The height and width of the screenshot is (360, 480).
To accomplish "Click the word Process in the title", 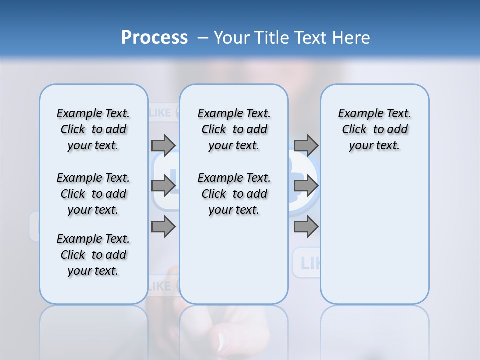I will point(154,37).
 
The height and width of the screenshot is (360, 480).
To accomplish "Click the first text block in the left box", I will point(93,129).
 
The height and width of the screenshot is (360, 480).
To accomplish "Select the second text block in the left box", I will point(93,194).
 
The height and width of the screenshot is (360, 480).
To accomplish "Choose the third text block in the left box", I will point(93,255).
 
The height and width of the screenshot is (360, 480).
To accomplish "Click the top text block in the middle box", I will point(234,129).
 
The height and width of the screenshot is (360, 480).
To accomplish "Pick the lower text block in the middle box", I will point(234,194).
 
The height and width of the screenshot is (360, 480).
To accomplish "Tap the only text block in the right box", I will point(374,129).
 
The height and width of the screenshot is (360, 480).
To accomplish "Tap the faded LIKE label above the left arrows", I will point(160,113).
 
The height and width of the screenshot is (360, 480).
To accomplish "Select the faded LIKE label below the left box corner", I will point(160,286).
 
